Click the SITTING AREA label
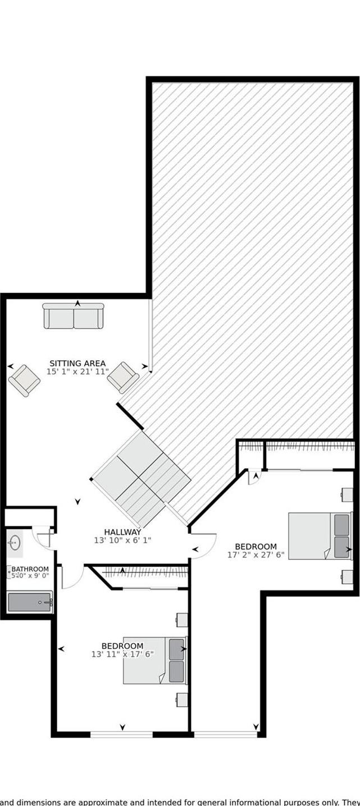78,363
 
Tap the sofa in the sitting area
74,316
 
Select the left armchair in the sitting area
24,380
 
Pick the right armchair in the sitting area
122,377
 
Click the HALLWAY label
122,532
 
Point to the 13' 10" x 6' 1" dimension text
122,541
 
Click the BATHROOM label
30,569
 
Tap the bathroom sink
15,543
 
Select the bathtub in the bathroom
30,602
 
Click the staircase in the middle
140,477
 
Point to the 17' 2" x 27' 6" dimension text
256,555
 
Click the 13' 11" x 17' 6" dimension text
122,654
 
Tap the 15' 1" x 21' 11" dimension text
78,372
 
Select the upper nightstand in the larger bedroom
347,494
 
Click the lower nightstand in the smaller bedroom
181,699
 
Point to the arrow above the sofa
78,303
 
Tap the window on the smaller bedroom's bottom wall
122,734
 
